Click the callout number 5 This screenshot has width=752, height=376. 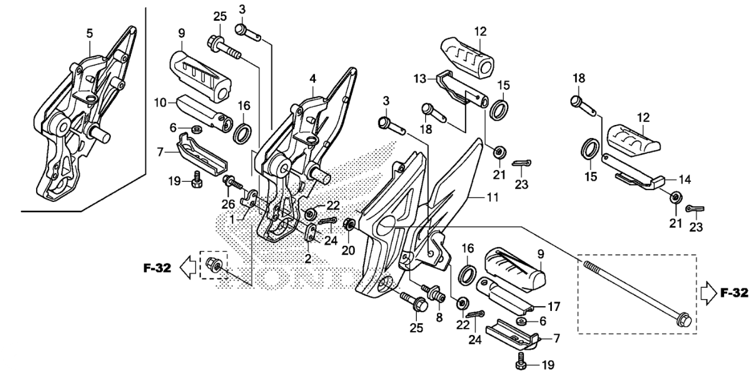[x=89, y=33]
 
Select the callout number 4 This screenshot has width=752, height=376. [x=313, y=78]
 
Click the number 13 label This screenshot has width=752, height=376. [x=420, y=79]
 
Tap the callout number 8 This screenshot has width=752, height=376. [x=440, y=317]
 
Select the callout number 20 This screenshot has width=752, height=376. [x=348, y=250]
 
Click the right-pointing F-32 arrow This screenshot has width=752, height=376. [x=708, y=293]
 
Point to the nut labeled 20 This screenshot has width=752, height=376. [x=349, y=224]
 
